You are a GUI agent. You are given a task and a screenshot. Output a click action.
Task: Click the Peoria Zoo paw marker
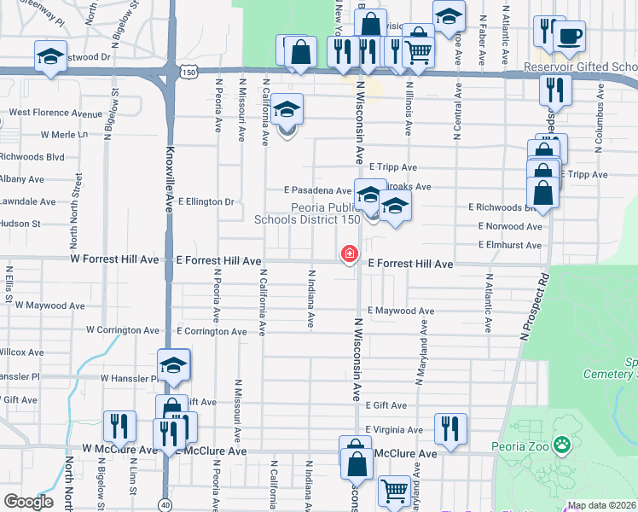(x=562, y=444)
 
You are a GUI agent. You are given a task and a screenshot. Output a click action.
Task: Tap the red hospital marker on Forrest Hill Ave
(x=349, y=253)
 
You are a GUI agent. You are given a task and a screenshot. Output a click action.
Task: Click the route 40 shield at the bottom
(x=165, y=504)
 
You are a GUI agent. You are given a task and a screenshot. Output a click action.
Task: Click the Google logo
(x=28, y=502)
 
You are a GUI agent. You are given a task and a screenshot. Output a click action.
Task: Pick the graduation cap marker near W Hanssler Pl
(x=173, y=365)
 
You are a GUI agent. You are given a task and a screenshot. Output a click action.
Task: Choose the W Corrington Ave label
(x=123, y=329)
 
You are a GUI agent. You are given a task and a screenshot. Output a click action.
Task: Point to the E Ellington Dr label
(x=205, y=202)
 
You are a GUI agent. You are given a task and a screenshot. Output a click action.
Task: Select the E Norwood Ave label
(x=510, y=226)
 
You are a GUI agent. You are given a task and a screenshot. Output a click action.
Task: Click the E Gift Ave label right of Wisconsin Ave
(x=386, y=405)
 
